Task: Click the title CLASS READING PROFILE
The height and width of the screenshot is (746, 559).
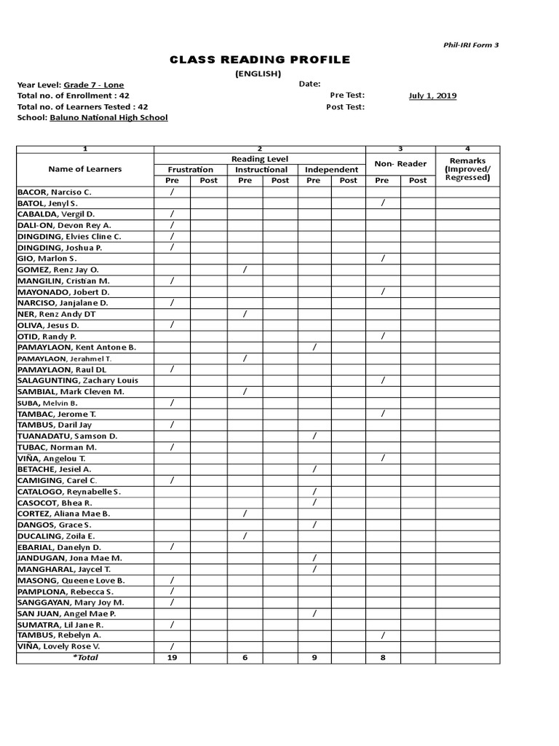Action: coord(260,60)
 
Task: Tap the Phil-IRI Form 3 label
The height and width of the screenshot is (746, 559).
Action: coord(472,44)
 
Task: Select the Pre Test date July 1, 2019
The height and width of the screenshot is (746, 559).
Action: coord(432,95)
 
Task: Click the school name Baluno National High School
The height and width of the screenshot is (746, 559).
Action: coord(108,117)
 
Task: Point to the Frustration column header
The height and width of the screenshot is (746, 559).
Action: coord(190,170)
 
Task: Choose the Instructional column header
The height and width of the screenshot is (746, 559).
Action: coord(261,170)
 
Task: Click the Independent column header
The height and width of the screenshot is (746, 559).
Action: coord(331,170)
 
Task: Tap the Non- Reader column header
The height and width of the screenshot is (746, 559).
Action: coord(400,164)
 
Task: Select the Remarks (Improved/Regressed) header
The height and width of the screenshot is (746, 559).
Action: coord(468,169)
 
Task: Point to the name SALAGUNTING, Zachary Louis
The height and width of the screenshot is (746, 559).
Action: coord(77,380)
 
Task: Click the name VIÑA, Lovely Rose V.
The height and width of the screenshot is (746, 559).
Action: coord(59,646)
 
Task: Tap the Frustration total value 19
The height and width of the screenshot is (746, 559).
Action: coord(173,657)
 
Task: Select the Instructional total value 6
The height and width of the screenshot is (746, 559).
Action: coord(245,657)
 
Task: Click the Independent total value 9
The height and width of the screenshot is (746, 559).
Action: coord(314,657)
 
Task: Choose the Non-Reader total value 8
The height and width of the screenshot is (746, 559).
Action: coord(383,657)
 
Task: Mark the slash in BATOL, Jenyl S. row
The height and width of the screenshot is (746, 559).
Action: coord(383,203)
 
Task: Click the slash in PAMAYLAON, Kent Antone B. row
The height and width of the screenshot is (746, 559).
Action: coord(314,348)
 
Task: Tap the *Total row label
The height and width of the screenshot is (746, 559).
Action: coord(85,657)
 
